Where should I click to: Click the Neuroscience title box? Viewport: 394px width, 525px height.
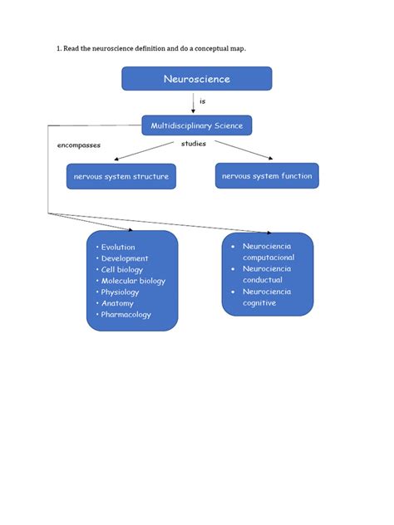pos(196,79)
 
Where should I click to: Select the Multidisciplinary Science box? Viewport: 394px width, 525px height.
pos(196,125)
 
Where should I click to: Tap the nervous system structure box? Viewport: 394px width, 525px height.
pos(121,176)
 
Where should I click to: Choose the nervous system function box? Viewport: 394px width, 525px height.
pos(267,175)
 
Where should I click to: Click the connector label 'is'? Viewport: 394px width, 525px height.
pos(202,101)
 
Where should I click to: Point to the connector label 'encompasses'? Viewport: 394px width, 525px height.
pos(79,145)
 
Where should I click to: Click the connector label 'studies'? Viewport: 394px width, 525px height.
pos(194,143)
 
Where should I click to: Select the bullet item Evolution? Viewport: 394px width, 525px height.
pos(117,247)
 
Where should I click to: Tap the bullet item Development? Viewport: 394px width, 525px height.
pos(124,258)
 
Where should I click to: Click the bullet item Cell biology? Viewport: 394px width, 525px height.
pos(121,269)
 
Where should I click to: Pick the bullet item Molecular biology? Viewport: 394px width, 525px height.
pos(132,281)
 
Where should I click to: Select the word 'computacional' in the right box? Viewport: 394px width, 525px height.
pos(268,258)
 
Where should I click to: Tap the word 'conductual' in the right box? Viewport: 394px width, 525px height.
pos(263,280)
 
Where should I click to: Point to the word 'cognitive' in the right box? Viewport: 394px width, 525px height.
pos(259,303)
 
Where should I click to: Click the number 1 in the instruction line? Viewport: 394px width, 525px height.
pos(58,48)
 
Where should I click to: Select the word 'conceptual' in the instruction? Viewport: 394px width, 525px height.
pos(213,48)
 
